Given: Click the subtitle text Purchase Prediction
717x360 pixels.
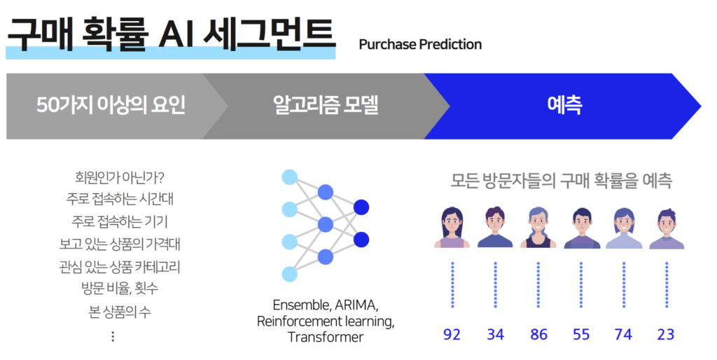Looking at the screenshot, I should tap(420, 45).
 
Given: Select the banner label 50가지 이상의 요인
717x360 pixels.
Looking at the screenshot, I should tap(111, 106).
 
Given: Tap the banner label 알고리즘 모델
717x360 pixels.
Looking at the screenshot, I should tap(325, 106).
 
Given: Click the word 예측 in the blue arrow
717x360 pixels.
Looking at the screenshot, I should tap(564, 106).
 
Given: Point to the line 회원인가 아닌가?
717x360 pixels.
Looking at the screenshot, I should tap(120, 177).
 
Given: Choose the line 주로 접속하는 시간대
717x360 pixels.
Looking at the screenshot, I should tap(120, 200).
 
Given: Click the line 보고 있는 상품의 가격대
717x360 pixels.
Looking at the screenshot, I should tap(120, 244).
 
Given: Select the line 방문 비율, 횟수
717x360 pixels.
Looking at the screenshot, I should tap(120, 289).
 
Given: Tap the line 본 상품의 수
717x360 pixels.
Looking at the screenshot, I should tap(120, 312).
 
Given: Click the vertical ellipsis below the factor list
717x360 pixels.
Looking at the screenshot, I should tap(113, 337).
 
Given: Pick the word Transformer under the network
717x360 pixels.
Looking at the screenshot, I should tap(326, 337).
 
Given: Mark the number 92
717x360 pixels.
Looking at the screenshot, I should tap(452, 334).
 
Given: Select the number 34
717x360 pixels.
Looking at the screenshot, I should tap(495, 334).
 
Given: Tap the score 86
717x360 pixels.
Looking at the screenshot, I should tap(538, 334).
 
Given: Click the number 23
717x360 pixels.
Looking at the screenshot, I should tap(666, 334).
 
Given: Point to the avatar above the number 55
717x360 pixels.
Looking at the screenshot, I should tap(581, 228).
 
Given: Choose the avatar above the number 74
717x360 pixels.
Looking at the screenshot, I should tap(623, 228).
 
